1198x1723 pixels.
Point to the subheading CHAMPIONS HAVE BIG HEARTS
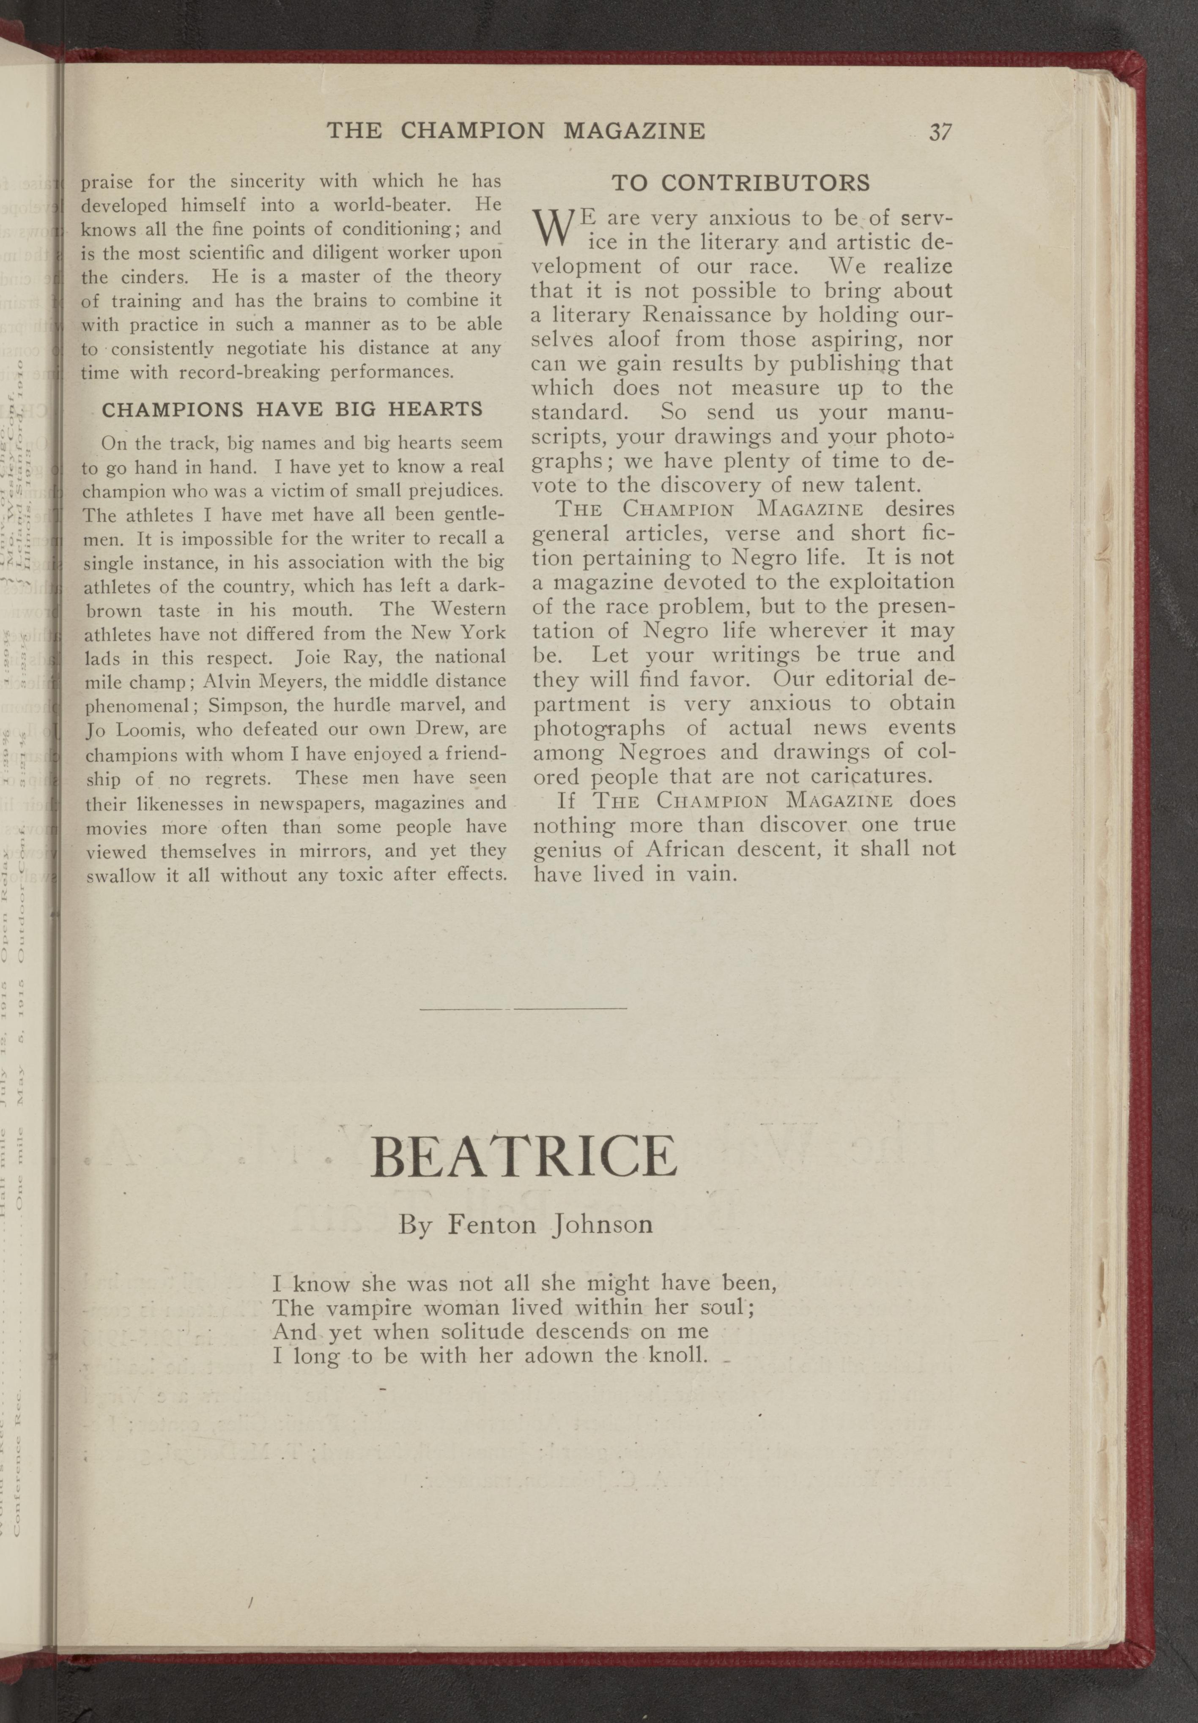[292, 410]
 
